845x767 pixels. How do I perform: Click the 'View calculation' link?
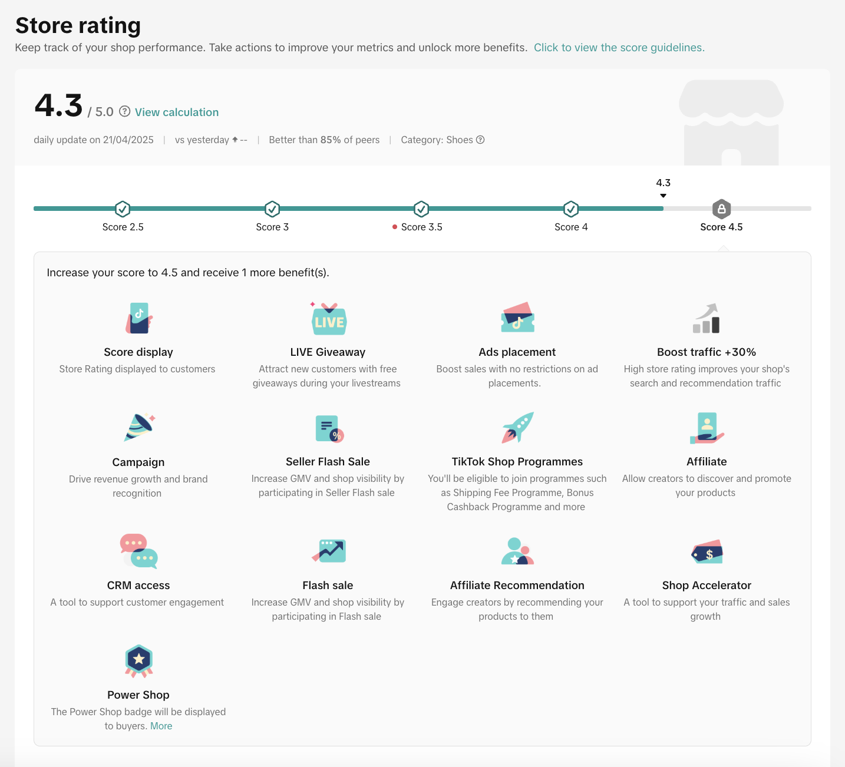(176, 112)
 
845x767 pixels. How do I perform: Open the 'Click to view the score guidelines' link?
(619, 48)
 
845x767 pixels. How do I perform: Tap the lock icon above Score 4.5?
(721, 209)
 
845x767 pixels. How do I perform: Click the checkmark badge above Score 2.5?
(123, 209)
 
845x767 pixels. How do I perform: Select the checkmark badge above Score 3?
(272, 209)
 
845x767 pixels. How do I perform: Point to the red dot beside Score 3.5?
(395, 227)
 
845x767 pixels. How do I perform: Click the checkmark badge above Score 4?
(571, 209)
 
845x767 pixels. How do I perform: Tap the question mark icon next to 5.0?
(125, 111)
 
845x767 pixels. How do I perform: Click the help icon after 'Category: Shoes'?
(480, 140)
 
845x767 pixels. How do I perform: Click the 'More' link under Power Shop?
(161, 726)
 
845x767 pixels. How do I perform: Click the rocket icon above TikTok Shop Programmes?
(517, 428)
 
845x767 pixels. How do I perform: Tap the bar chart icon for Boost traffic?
(707, 319)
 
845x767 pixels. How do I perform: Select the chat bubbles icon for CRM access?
(139, 551)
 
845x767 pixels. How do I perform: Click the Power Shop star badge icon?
(139, 660)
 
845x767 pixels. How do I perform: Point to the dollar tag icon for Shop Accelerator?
(707, 553)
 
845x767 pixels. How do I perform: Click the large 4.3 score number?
(58, 106)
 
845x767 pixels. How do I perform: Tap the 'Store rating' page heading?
(78, 25)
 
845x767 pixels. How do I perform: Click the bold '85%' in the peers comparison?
(331, 140)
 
